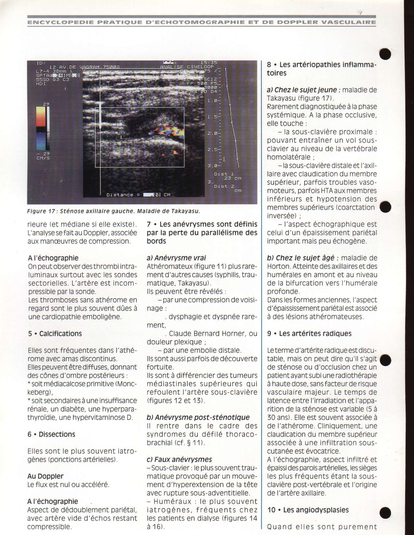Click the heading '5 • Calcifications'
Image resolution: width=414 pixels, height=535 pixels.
(55, 334)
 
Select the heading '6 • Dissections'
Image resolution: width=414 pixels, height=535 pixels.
(51, 434)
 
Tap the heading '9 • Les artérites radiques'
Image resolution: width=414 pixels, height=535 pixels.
(309, 334)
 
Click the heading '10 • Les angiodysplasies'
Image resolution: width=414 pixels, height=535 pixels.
(308, 510)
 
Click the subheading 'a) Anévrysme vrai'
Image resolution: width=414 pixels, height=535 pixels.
(176, 258)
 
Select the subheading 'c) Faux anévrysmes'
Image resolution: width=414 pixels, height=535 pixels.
(179, 459)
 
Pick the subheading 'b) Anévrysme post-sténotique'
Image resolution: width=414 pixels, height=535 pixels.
(198, 417)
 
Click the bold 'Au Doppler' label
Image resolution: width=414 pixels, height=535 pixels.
(45, 476)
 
